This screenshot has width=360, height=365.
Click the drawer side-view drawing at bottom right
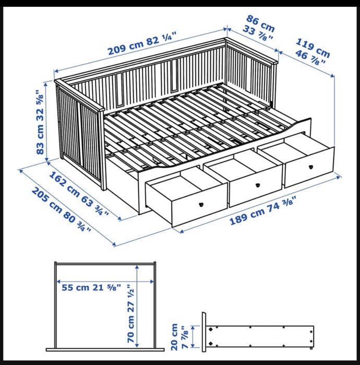259,335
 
